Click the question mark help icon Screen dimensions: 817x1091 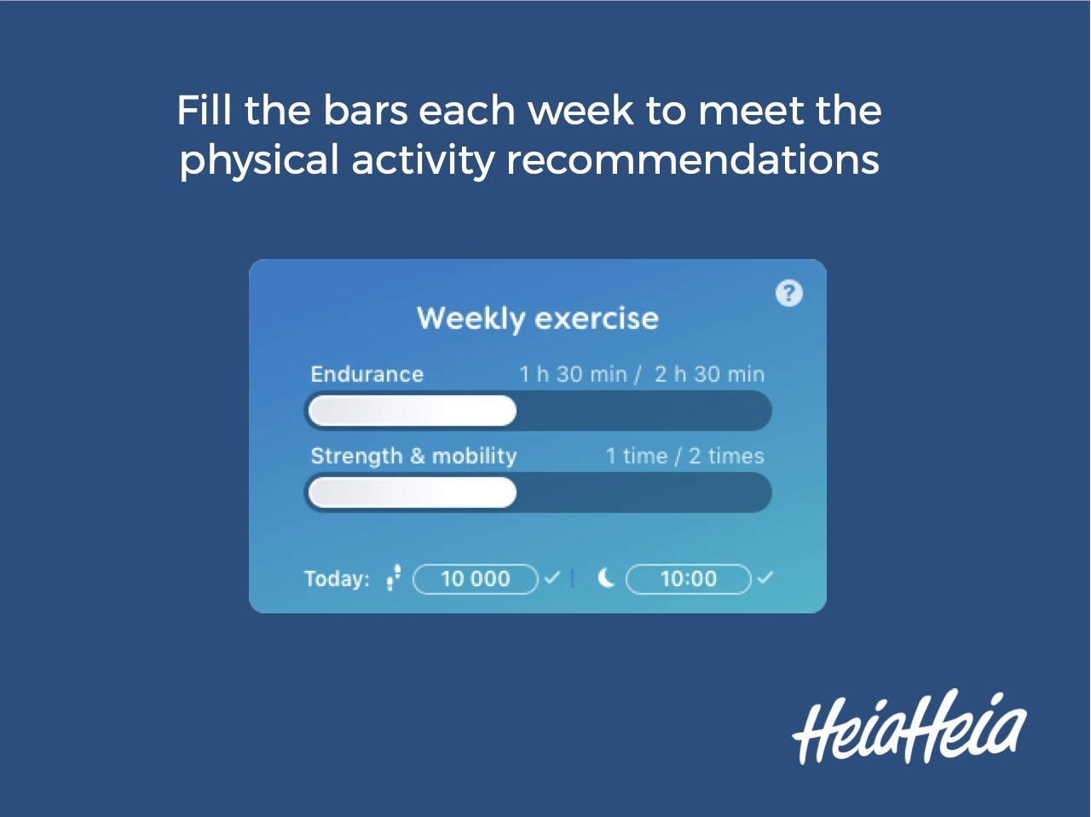tap(789, 293)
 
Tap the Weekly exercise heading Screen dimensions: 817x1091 tap(538, 319)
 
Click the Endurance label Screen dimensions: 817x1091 tap(367, 374)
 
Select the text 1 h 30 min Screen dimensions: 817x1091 tap(573, 374)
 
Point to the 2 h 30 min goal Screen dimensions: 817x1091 tap(709, 374)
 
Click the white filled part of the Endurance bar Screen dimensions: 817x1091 tap(413, 411)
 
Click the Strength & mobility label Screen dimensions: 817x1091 tap(413, 456)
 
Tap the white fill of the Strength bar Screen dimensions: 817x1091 tap(413, 492)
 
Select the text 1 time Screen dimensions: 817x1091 tap(636, 456)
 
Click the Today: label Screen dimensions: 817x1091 tap(337, 579)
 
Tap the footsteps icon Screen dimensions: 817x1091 tap(393, 578)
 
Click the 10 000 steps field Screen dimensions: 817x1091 tap(476, 579)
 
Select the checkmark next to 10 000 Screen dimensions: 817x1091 tap(551, 578)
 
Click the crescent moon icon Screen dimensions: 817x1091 tap(606, 578)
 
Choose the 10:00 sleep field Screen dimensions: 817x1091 tap(688, 579)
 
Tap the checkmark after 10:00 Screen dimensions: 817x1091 tap(765, 578)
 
